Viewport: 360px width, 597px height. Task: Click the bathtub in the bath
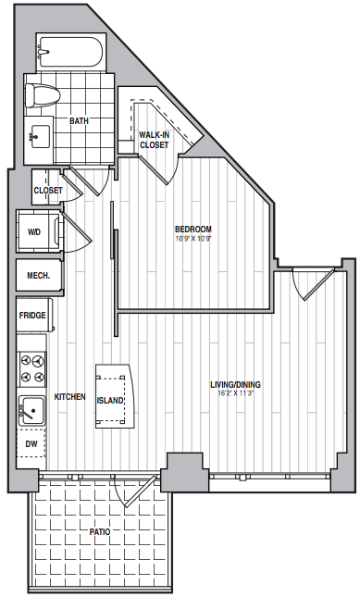coord(70,52)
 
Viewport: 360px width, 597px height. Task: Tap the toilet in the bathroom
coord(42,94)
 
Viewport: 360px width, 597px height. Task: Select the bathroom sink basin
coord(40,136)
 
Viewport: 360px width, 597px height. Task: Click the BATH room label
coord(80,121)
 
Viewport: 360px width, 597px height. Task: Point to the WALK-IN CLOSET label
coord(154,140)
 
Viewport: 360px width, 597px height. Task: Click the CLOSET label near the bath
coord(48,191)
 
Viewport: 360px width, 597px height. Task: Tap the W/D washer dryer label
coord(34,232)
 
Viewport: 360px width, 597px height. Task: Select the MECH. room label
coord(39,276)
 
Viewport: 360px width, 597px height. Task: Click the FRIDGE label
coord(32,316)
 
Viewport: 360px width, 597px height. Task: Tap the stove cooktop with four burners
coord(32,368)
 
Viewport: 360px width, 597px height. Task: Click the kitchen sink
coord(32,411)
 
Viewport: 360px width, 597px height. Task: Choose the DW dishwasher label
coord(31,444)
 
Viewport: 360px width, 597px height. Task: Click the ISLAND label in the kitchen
coord(110,401)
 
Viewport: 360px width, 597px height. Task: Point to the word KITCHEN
coord(69,397)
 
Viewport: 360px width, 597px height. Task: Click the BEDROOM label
coord(192,230)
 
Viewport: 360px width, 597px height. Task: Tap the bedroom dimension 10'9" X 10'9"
coord(192,239)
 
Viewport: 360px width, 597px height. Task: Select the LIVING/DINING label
coord(235,384)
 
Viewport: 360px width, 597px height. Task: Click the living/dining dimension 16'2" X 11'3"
coord(236,393)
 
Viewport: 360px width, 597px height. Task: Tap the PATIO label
coord(100,532)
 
